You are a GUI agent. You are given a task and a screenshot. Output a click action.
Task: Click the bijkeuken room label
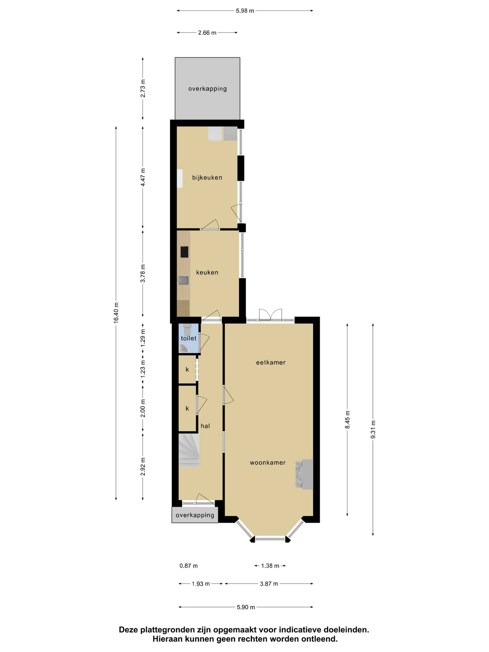coord(207,177)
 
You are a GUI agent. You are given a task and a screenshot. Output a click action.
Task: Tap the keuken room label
coord(207,272)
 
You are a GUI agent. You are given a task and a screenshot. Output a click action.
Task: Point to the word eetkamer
coord(271,362)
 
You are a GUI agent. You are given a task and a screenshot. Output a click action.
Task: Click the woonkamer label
coord(268,463)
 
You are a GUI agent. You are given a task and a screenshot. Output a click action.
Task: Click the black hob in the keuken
coord(185,252)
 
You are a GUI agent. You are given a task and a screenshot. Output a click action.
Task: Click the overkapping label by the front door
coord(195,515)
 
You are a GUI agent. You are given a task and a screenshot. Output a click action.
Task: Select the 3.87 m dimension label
coord(269,584)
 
